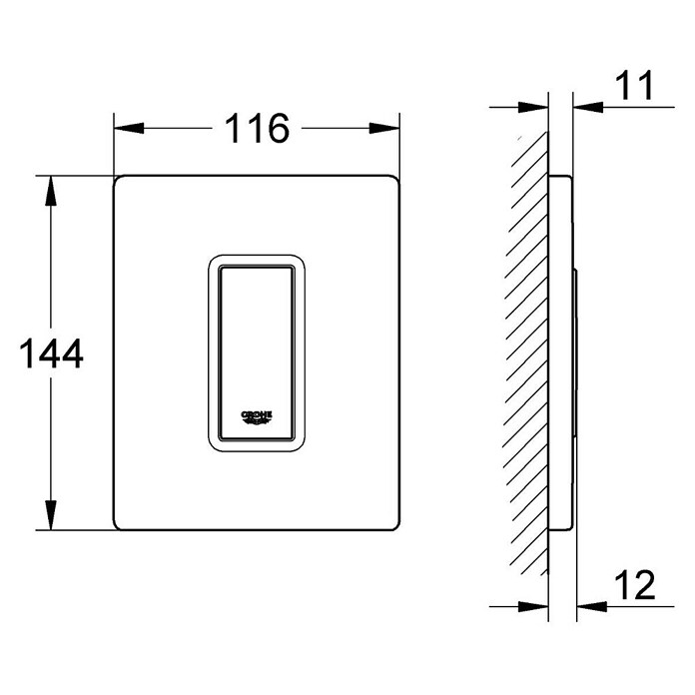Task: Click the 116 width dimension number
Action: [x=257, y=128]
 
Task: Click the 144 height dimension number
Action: [x=51, y=353]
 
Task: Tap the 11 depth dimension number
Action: [x=634, y=85]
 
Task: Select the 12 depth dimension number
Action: [x=635, y=584]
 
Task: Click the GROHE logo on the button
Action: [x=257, y=417]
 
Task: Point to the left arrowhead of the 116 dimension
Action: [x=129, y=128]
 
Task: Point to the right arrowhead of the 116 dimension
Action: [x=384, y=128]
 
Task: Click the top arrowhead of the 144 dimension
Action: [x=51, y=191]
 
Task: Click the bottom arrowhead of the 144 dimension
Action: [x=51, y=514]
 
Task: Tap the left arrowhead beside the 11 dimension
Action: [x=533, y=107]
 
